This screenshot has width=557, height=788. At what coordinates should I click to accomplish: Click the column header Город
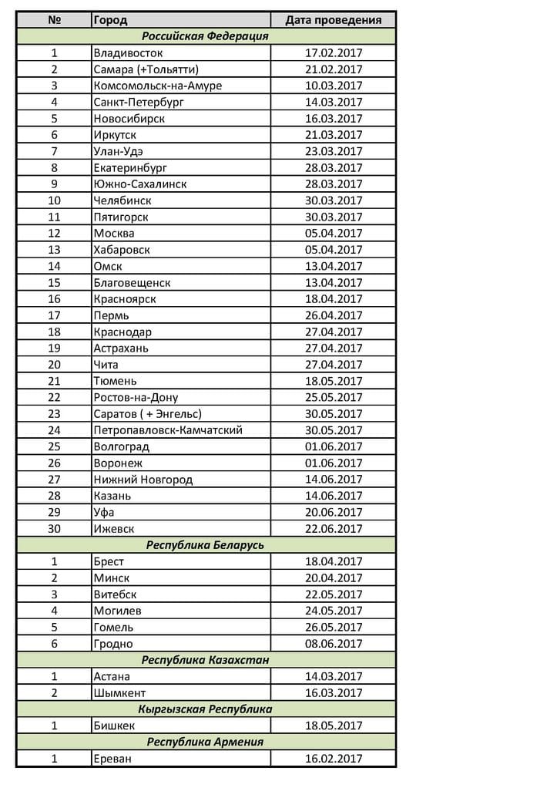[110, 20]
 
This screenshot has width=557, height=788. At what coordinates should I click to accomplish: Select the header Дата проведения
[333, 20]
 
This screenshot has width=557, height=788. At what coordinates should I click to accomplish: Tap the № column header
[54, 20]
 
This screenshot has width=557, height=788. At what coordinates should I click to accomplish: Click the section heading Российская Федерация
[205, 36]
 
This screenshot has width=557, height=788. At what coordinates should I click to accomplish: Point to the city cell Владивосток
[128, 53]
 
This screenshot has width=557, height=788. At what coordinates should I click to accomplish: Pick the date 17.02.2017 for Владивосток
[333, 53]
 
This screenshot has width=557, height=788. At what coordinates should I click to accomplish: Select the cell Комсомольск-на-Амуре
[157, 86]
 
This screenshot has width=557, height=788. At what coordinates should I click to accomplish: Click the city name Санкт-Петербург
[139, 102]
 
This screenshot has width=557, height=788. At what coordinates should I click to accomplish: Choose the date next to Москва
[333, 233]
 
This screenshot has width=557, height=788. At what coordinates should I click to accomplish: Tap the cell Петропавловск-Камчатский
[173, 430]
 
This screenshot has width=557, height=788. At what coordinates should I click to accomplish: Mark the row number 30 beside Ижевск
[54, 529]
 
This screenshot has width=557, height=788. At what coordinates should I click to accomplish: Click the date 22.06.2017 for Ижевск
[333, 529]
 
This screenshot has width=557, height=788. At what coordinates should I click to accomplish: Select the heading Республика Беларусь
[205, 545]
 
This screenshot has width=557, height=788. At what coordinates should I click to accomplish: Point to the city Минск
[111, 578]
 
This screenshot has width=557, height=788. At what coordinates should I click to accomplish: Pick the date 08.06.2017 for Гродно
[333, 644]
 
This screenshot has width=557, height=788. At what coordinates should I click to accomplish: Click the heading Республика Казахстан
[205, 660]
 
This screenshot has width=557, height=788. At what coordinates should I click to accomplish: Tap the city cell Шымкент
[119, 692]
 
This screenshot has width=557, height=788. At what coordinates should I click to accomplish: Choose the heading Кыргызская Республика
[205, 709]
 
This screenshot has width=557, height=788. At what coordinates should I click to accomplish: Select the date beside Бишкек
[333, 726]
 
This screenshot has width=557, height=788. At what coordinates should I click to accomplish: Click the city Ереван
[112, 759]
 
